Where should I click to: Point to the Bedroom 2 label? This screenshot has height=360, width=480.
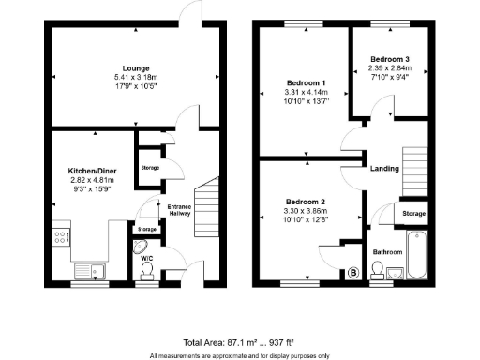304,202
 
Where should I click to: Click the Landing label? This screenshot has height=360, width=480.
384,169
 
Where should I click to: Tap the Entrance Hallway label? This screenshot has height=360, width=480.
179,209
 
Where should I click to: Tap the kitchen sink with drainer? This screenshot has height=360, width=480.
94,271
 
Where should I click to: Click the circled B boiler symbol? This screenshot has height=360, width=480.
353,273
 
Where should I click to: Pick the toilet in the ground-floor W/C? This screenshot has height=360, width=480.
146,270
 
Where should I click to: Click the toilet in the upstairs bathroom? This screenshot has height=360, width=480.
377,271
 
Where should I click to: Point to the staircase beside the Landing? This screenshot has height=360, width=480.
414,170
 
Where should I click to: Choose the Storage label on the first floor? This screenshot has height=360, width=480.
413,214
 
